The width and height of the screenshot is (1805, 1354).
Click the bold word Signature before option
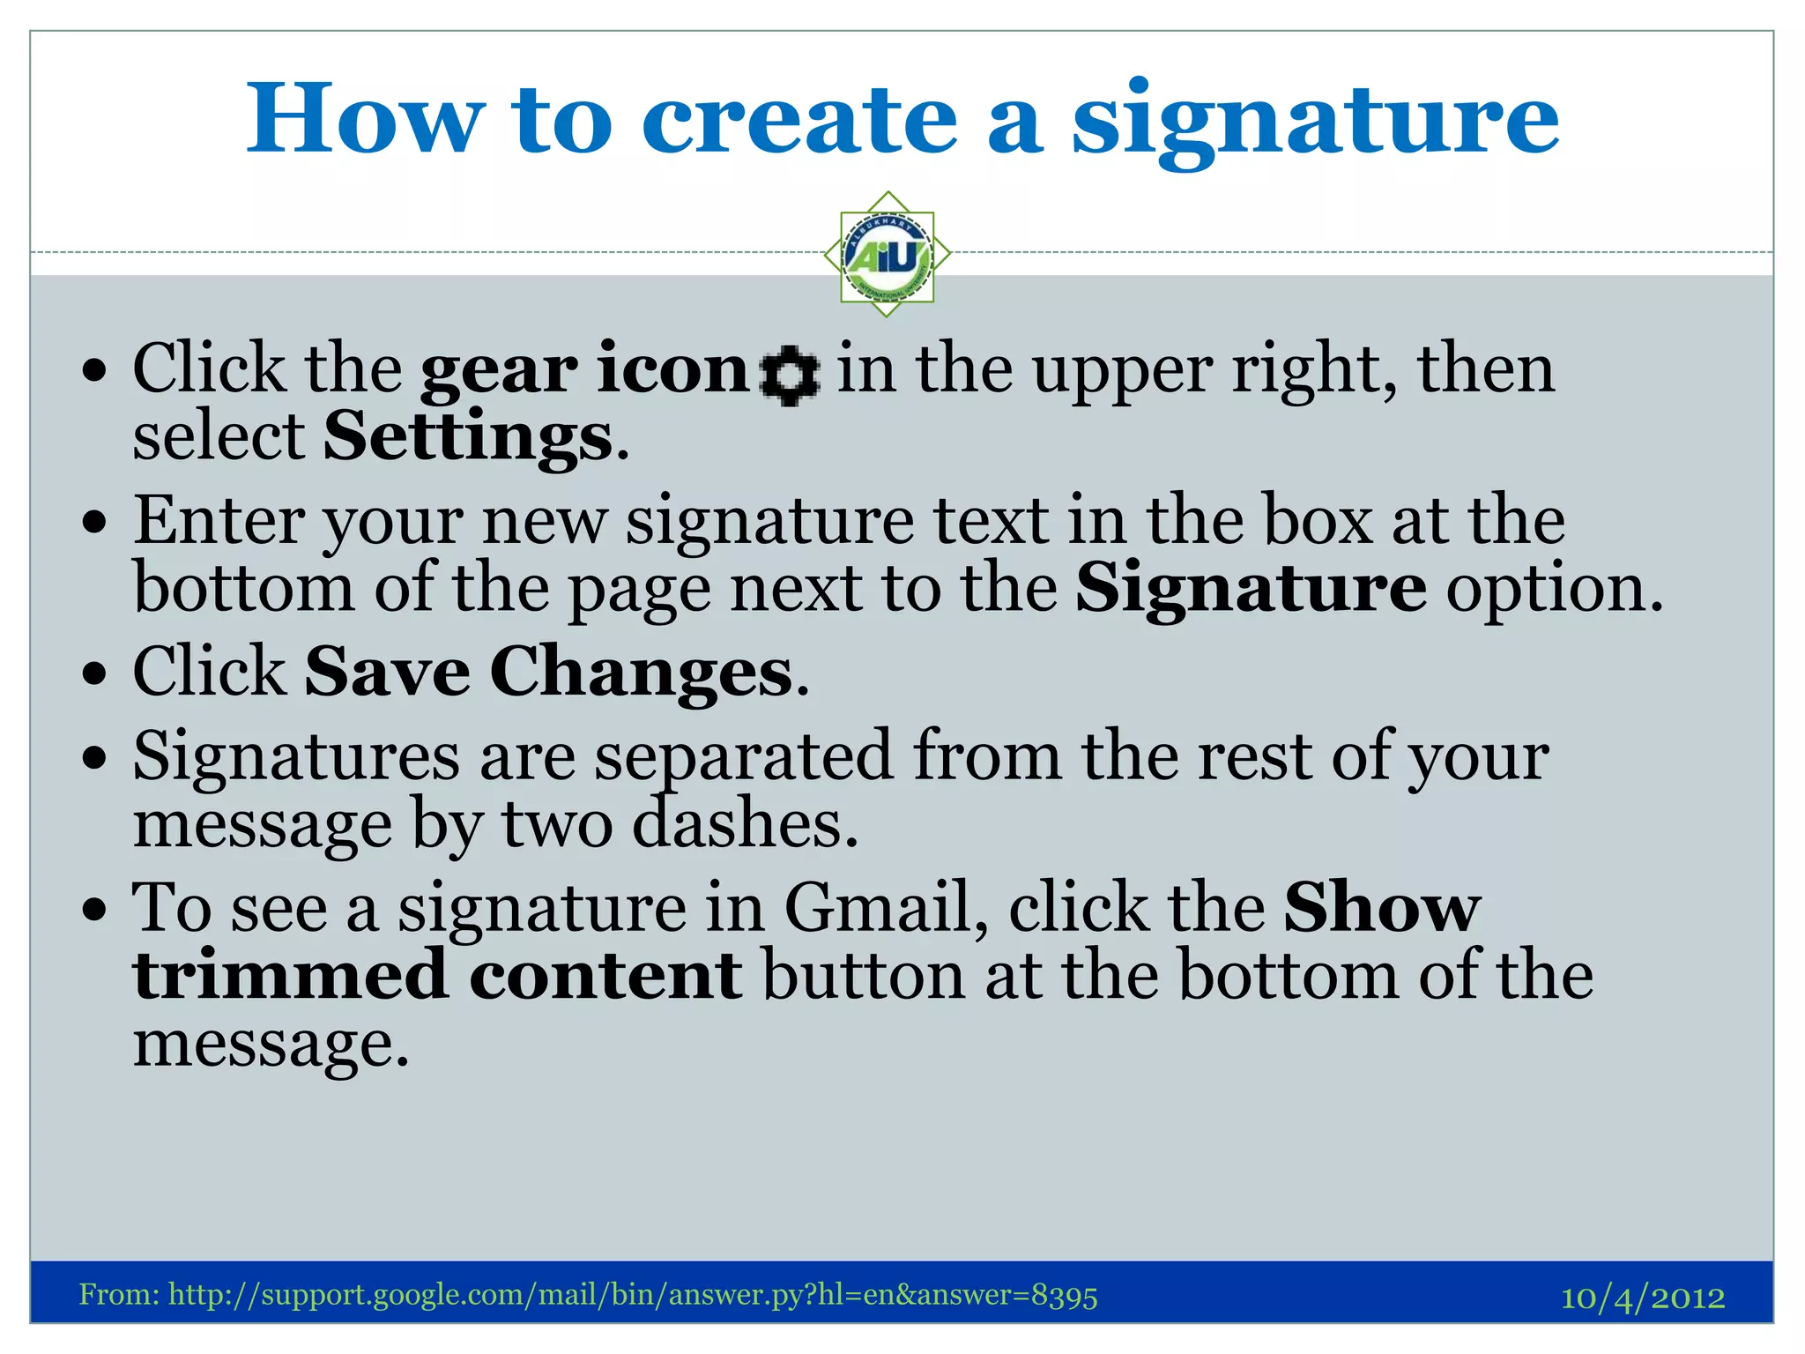tap(1250, 588)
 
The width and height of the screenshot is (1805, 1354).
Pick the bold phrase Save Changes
tap(548, 672)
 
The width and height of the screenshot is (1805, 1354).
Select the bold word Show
tap(1381, 907)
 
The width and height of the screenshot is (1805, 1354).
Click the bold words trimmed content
tap(437, 976)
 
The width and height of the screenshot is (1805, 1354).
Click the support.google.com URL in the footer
tap(632, 1295)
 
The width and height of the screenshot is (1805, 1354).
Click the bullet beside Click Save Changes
tap(93, 674)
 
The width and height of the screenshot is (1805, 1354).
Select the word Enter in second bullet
tap(218, 521)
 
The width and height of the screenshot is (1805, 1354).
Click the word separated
tap(743, 756)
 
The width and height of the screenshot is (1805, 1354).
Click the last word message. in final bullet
tap(271, 1044)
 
